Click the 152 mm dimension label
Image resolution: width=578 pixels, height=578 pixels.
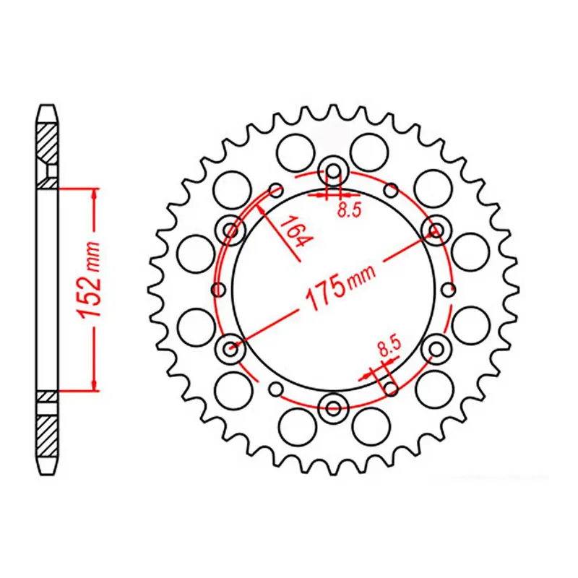click(x=88, y=280)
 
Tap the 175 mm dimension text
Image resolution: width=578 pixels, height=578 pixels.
click(x=340, y=286)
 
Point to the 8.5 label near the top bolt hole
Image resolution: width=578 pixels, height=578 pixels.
click(x=349, y=210)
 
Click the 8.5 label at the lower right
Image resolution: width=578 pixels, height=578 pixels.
click(x=389, y=347)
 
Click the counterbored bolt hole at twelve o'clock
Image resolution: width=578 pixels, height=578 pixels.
click(x=334, y=171)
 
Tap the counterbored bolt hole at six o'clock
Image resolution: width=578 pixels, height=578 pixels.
click(x=334, y=407)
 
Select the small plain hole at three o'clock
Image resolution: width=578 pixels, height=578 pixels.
click(x=448, y=290)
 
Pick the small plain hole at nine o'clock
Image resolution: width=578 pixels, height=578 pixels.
click(x=220, y=290)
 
